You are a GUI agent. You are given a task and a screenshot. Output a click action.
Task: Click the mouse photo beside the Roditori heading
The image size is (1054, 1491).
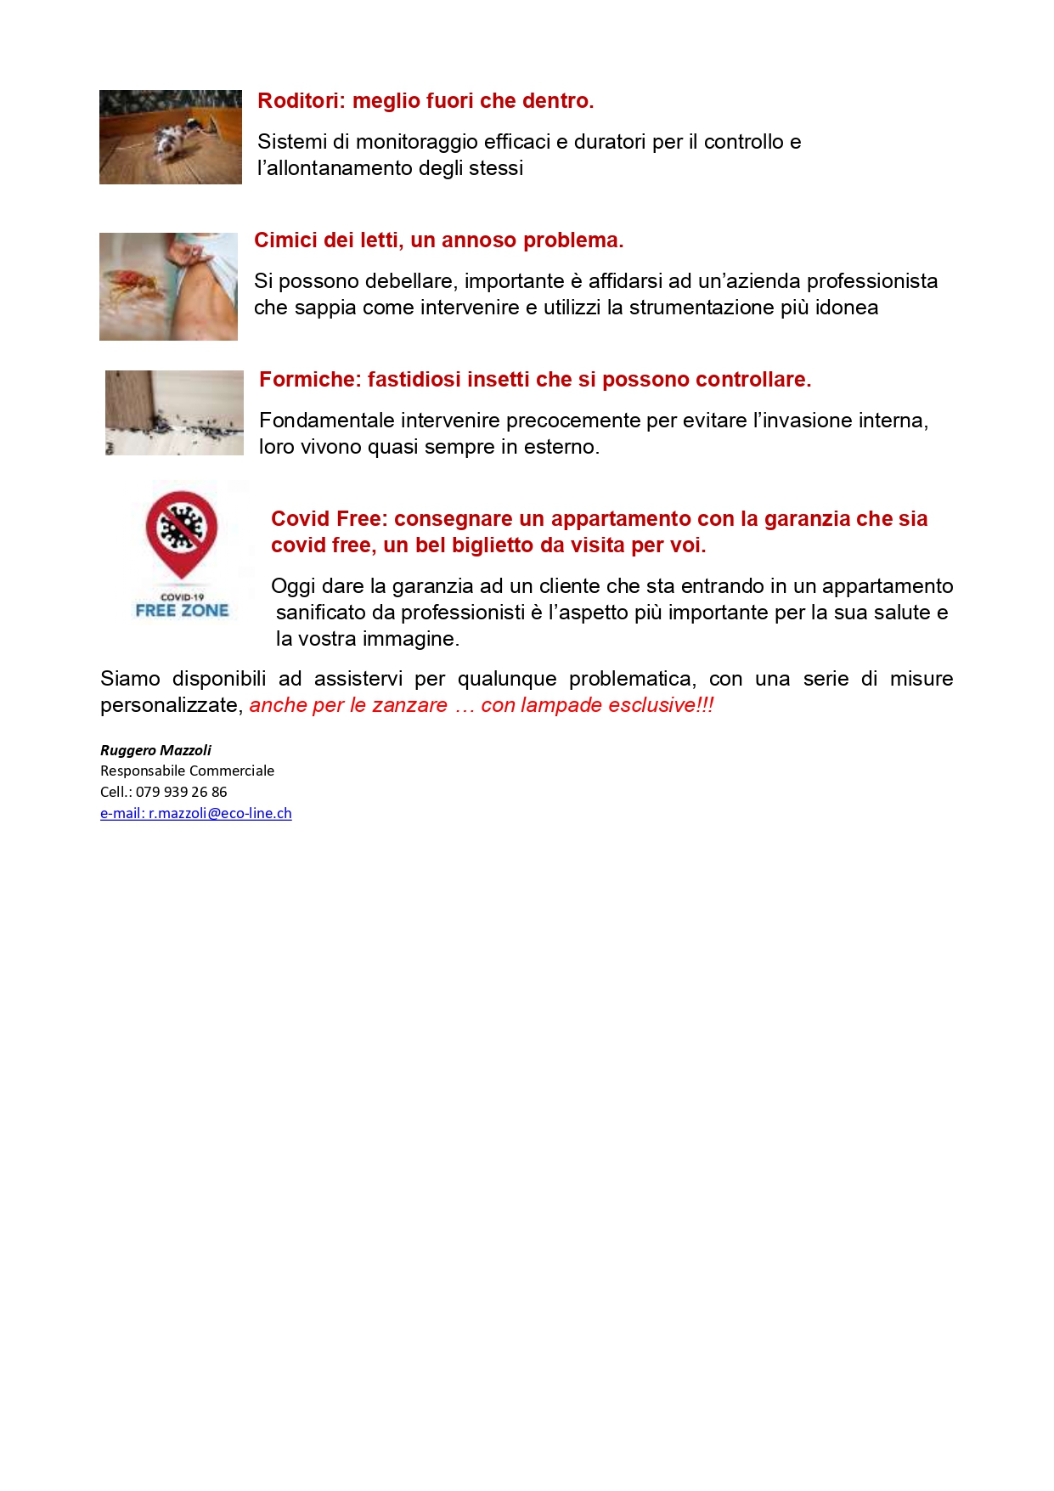pos(170,137)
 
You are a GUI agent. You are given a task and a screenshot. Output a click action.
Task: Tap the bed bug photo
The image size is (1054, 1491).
pos(168,286)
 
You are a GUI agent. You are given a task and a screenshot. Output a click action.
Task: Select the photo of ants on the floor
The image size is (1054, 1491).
pos(174,413)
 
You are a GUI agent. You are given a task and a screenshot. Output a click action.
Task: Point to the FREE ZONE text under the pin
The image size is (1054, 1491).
pos(182,610)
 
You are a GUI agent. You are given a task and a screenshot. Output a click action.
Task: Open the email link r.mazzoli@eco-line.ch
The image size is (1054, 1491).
pos(220,813)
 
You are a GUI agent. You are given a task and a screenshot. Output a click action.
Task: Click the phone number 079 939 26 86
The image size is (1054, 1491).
pos(181,792)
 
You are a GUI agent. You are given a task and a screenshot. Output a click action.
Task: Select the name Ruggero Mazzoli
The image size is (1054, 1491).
pos(155,750)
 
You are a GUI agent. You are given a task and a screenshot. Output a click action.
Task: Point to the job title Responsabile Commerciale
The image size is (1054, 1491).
pos(187,771)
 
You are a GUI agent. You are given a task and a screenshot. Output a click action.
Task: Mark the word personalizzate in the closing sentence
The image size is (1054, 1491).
pos(171,705)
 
